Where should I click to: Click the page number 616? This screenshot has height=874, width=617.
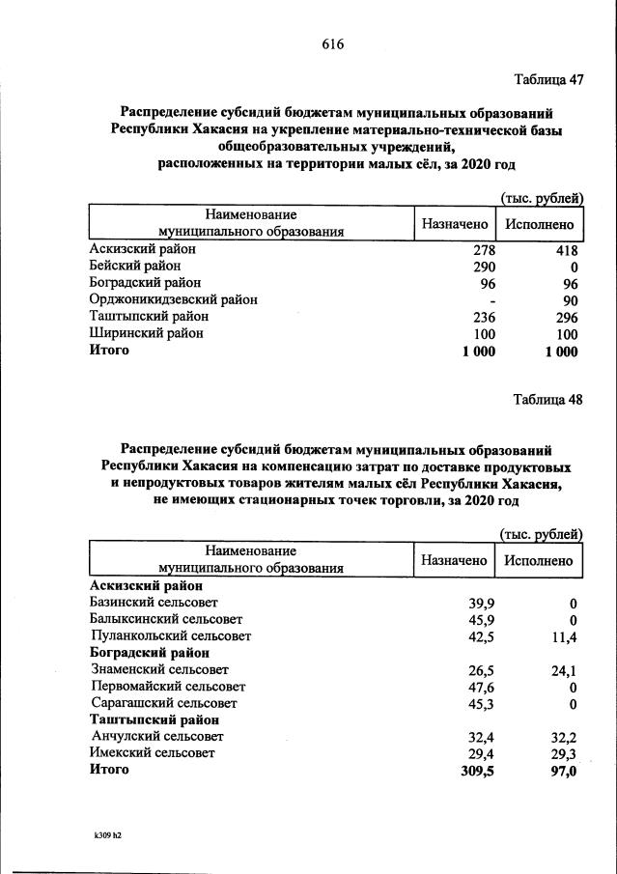click(x=332, y=44)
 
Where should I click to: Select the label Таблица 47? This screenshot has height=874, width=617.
click(x=548, y=80)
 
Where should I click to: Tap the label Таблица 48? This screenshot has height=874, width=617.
click(x=548, y=401)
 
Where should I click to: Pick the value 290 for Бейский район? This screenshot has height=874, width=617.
click(x=480, y=266)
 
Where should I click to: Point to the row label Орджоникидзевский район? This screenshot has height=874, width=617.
click(x=173, y=299)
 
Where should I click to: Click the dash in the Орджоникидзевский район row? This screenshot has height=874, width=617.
click(x=491, y=300)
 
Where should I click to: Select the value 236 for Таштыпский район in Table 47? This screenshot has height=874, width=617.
click(x=480, y=317)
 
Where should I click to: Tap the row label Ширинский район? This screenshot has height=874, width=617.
click(x=147, y=334)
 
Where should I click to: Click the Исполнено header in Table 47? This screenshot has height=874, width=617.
click(x=539, y=224)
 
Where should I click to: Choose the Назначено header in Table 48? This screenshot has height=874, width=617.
click(x=454, y=560)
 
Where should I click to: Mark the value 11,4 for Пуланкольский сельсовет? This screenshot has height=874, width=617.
click(x=563, y=636)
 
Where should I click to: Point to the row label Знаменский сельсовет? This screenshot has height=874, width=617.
click(x=159, y=668)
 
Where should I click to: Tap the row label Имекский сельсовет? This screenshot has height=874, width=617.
click(x=152, y=752)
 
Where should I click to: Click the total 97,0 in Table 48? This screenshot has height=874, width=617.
click(x=561, y=771)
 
